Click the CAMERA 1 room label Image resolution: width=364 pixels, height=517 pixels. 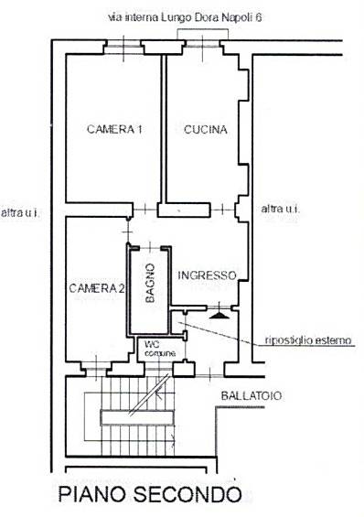point(114,129)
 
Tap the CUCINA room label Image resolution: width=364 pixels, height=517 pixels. point(206,129)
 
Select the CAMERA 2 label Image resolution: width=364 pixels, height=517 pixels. point(97,288)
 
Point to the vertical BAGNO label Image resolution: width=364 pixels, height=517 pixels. point(150,283)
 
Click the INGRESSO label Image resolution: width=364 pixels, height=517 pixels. point(208,275)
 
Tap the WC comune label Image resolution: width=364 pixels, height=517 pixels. point(160,349)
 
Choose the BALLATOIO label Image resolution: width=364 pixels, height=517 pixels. point(252,395)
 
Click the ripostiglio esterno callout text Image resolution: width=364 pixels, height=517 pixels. point(308,340)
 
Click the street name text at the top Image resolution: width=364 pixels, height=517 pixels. point(185,17)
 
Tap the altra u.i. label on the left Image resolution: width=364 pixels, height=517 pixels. point(20,212)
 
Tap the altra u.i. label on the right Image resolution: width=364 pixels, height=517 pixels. point(281,209)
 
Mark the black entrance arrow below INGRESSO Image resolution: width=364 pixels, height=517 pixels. point(219,316)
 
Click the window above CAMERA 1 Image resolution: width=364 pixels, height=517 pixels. point(123,46)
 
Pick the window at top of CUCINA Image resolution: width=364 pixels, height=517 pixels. point(202,46)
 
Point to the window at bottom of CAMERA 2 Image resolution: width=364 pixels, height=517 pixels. point(96,369)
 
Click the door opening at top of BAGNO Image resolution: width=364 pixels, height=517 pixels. point(150,247)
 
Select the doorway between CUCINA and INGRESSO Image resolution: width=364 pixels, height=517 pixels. point(222,210)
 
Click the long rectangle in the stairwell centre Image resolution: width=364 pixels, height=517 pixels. point(136,418)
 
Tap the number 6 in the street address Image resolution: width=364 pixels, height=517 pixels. point(259,17)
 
